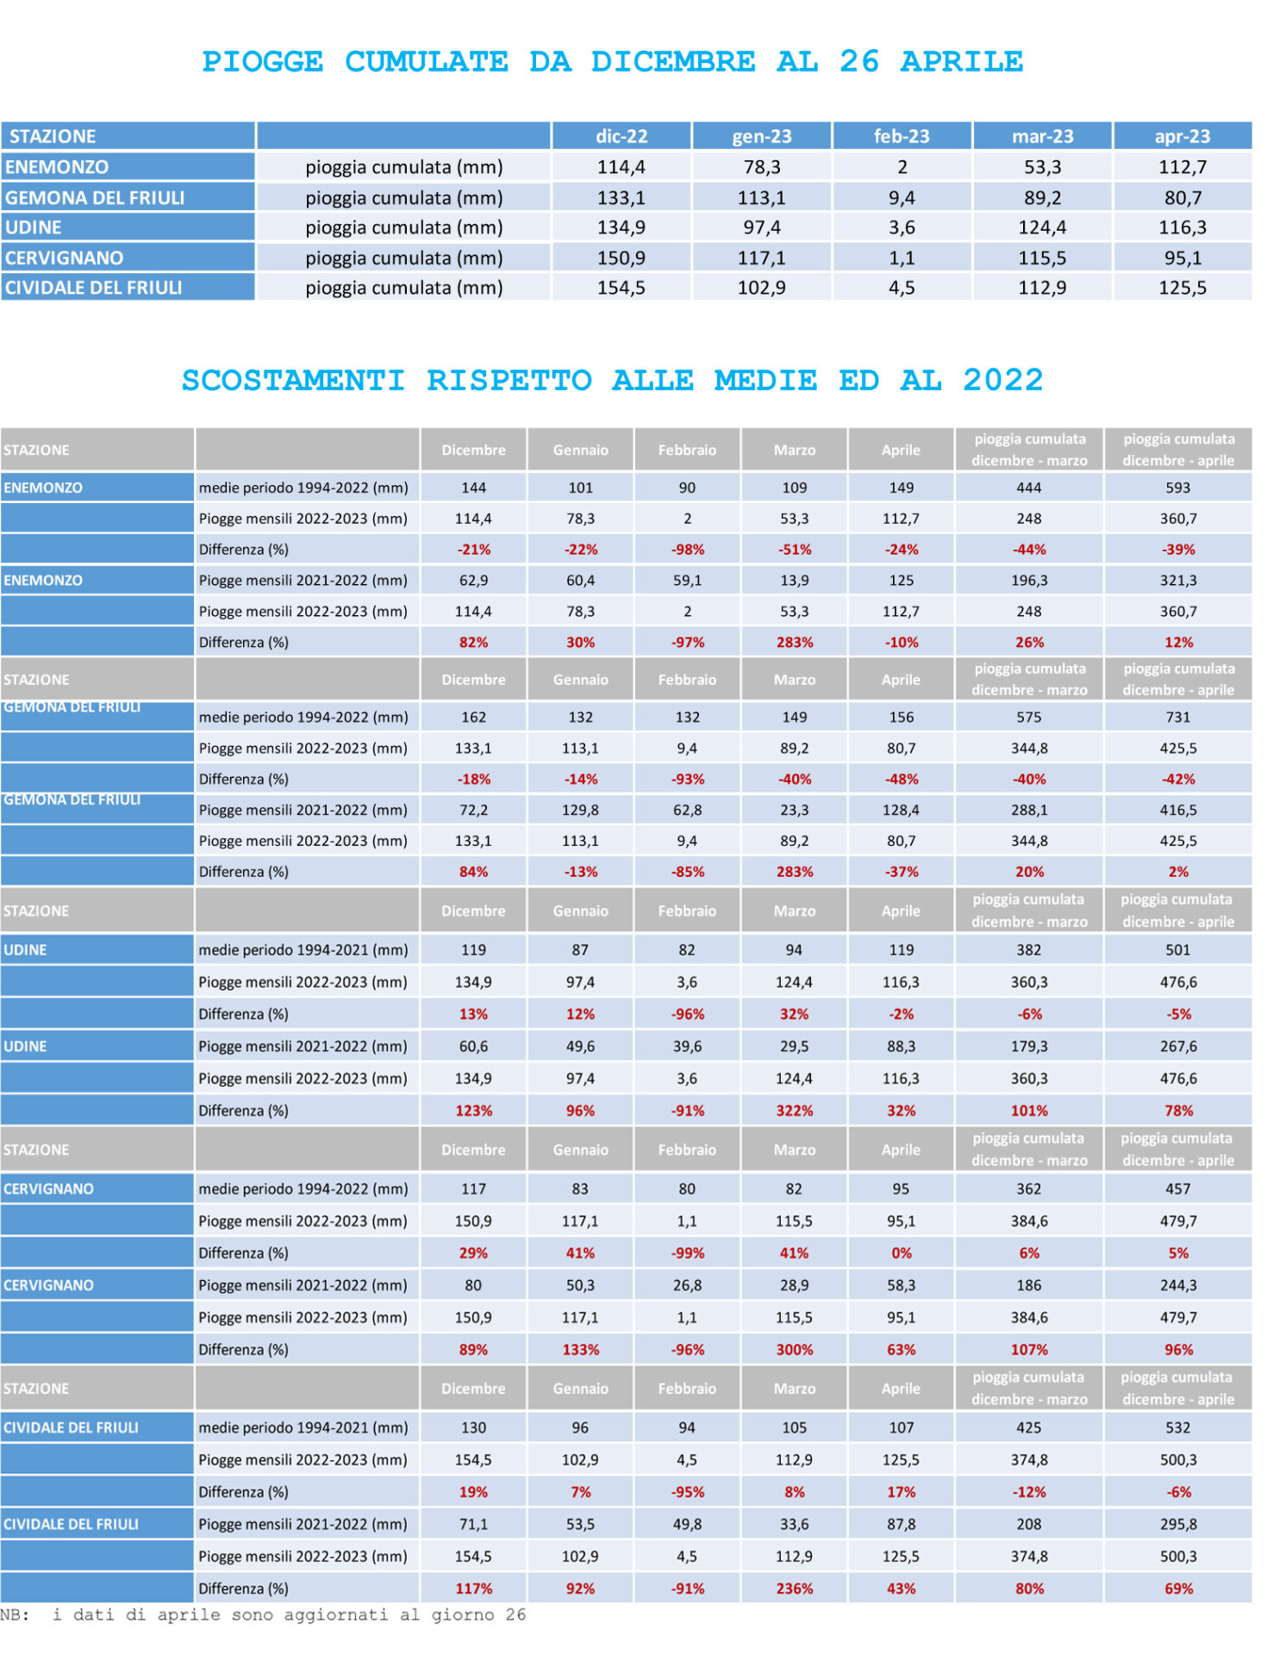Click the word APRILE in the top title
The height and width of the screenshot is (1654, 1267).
click(x=962, y=62)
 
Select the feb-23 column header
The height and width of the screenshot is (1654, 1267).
click(x=902, y=136)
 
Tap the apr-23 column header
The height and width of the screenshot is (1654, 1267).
click(x=1183, y=136)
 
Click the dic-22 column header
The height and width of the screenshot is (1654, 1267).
click(x=621, y=136)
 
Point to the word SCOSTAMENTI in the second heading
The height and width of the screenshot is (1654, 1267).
click(x=293, y=380)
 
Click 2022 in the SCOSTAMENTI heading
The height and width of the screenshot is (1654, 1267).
click(x=1003, y=380)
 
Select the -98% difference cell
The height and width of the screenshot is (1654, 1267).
click(x=687, y=550)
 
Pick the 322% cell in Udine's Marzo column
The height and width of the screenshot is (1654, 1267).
click(x=794, y=1110)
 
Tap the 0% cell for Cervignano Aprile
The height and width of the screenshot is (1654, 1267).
click(x=902, y=1253)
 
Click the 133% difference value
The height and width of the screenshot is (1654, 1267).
click(x=580, y=1349)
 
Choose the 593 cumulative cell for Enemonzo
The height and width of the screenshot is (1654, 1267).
click(x=1177, y=488)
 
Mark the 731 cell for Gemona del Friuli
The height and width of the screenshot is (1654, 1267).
click(x=1177, y=717)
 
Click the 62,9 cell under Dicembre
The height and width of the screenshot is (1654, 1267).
click(x=473, y=581)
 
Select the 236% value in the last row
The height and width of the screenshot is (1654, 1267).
click(x=794, y=1588)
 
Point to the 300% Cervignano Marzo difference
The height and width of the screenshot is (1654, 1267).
click(x=794, y=1349)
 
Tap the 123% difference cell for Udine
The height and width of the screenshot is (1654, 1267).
click(x=473, y=1110)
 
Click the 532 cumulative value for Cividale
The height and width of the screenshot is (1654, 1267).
click(x=1177, y=1427)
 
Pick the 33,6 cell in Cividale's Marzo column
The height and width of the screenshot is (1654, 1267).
click(x=794, y=1524)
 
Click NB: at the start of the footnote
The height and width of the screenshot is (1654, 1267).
click(x=15, y=1614)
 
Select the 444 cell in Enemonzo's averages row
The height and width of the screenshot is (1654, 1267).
click(x=1029, y=488)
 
